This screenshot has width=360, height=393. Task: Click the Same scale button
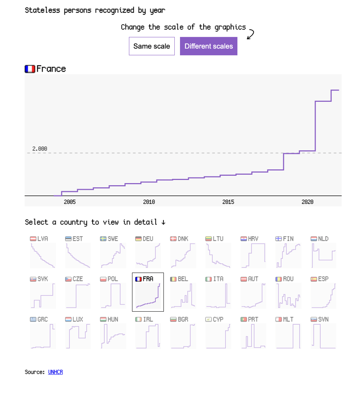(x=151, y=46)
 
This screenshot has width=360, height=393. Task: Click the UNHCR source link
(x=55, y=372)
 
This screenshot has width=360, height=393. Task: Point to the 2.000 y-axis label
(x=40, y=149)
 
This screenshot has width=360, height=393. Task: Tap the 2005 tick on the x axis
(x=70, y=202)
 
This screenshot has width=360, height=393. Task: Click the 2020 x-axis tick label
(x=307, y=202)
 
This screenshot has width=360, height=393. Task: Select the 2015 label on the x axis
(x=228, y=202)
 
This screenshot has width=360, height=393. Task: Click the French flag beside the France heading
(x=30, y=69)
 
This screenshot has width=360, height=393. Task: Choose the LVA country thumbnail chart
(x=43, y=255)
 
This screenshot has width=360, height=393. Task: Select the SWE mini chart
(x=113, y=255)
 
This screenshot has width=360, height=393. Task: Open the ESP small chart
(x=324, y=295)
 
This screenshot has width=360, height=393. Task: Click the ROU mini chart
(x=288, y=295)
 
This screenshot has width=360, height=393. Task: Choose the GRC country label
(x=43, y=319)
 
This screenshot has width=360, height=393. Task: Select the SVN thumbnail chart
(x=324, y=336)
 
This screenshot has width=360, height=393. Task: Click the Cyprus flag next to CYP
(x=208, y=319)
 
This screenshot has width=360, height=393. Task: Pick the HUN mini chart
(x=113, y=336)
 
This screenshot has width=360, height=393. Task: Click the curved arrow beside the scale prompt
(x=250, y=34)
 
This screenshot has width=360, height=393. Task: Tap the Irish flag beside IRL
(x=138, y=319)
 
